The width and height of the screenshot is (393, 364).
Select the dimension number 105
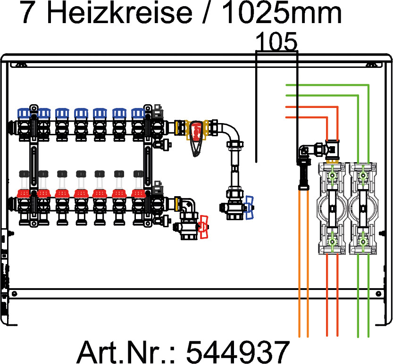point(276,43)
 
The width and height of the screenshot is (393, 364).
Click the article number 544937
point(237,351)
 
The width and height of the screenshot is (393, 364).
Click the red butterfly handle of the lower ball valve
point(204,226)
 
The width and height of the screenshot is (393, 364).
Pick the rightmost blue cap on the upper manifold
point(138,114)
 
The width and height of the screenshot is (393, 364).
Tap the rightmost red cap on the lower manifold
point(138,193)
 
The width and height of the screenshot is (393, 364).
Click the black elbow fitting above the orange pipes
point(303,153)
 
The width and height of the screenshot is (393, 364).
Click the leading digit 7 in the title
point(28,14)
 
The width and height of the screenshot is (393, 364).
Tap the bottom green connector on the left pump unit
point(333,242)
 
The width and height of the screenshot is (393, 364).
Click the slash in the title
point(206,14)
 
